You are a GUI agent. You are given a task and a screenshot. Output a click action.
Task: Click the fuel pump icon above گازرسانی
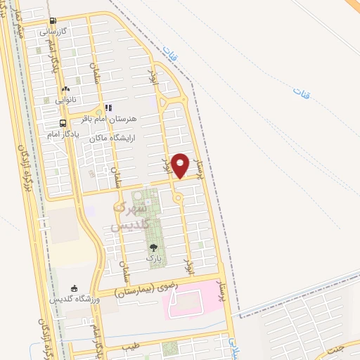[x=53, y=21]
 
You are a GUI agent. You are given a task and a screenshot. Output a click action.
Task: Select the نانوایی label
[x=65, y=100]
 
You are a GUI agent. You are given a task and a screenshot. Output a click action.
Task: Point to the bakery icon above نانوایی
[x=65, y=89]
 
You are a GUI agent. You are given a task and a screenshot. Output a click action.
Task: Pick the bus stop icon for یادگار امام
[x=64, y=122]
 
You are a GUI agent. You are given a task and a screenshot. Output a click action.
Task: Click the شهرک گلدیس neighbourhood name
[x=131, y=217]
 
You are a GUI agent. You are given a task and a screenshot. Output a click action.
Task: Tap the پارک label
[x=153, y=258]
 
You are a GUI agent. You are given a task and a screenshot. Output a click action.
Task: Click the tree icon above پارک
[x=153, y=247]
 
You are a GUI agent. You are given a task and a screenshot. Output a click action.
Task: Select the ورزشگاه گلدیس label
[x=75, y=299]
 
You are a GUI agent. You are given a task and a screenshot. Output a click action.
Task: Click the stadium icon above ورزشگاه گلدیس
[x=75, y=288]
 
